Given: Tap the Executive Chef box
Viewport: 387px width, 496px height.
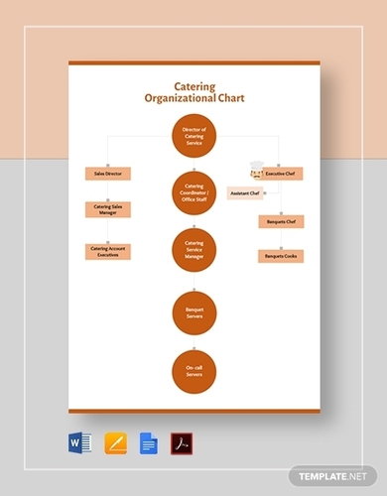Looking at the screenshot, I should tap(281, 173).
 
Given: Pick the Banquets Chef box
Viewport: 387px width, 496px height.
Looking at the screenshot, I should tap(281, 221).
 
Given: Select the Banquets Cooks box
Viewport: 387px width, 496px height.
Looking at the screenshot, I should tap(281, 256).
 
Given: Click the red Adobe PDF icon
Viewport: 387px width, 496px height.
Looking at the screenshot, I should tap(182, 441).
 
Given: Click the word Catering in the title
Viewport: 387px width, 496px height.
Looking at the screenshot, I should tap(194, 85).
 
